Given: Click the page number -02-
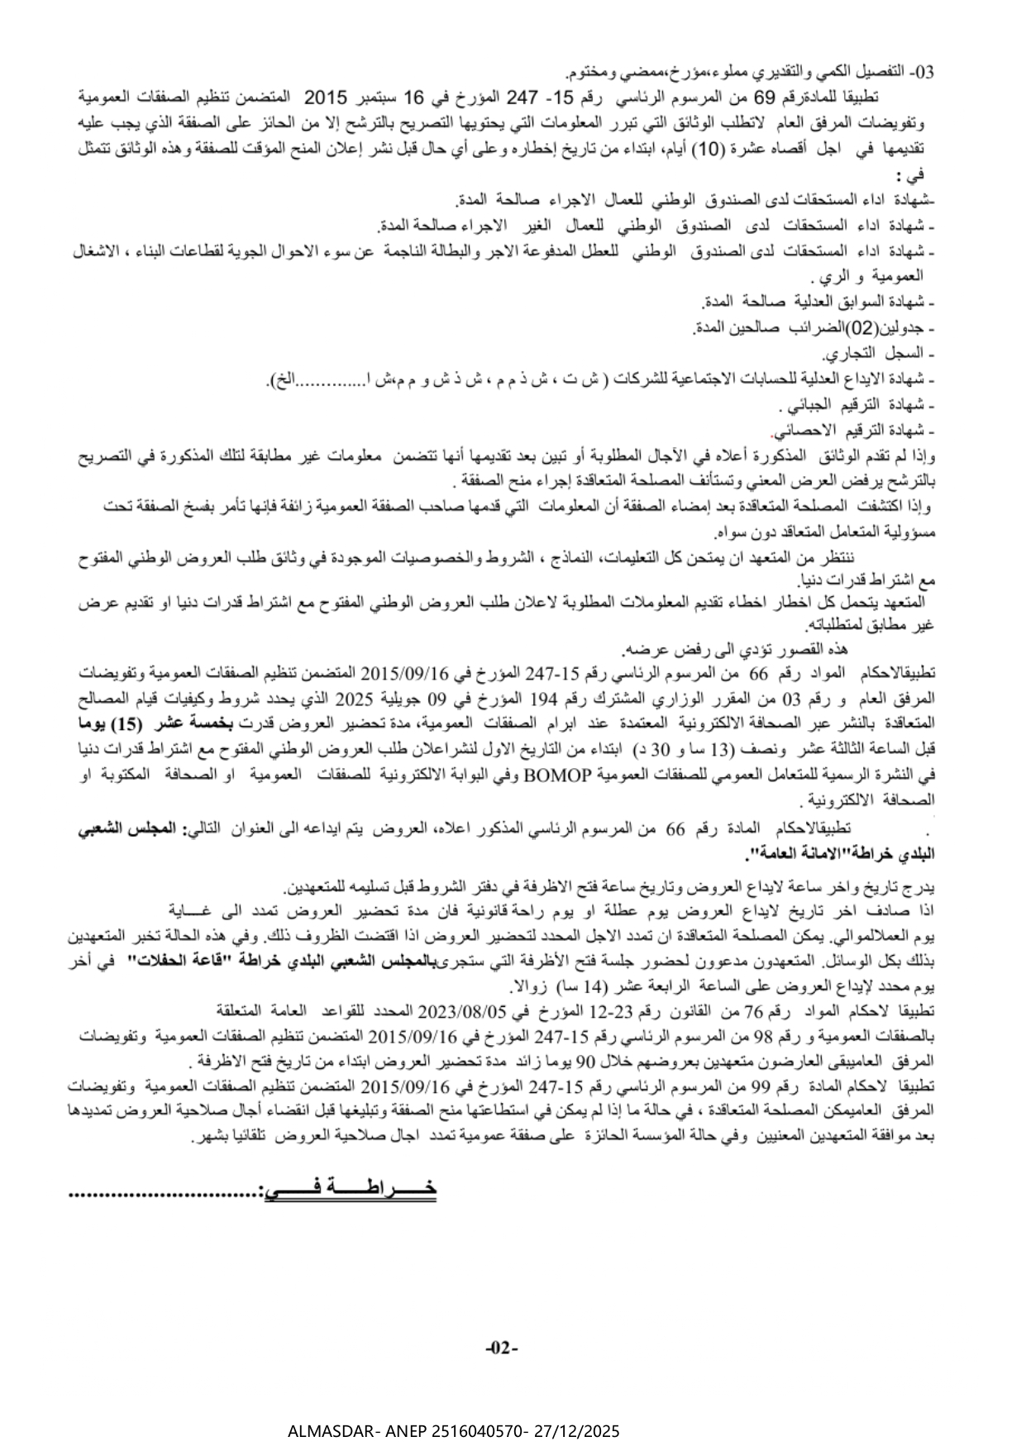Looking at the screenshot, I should coord(501,1349).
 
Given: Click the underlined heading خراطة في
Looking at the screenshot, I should coord(350,1190).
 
